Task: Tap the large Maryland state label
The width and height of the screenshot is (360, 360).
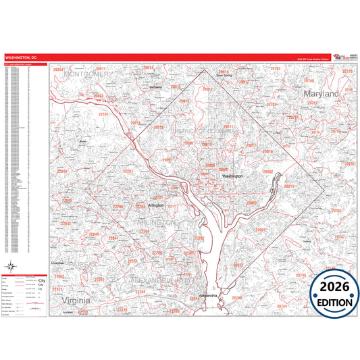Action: coord(320,94)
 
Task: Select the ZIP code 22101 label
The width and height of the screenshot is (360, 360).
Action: coord(103,115)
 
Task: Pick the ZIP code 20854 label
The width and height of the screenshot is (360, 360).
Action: coord(58,70)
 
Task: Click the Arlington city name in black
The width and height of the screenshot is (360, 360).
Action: coord(156,205)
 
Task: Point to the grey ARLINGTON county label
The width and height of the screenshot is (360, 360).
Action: coord(157,222)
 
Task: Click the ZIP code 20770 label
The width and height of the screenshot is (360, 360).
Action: coord(347,71)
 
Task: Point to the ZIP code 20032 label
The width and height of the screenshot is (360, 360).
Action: coord(238,265)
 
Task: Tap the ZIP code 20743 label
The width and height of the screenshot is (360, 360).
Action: coord(337,211)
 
